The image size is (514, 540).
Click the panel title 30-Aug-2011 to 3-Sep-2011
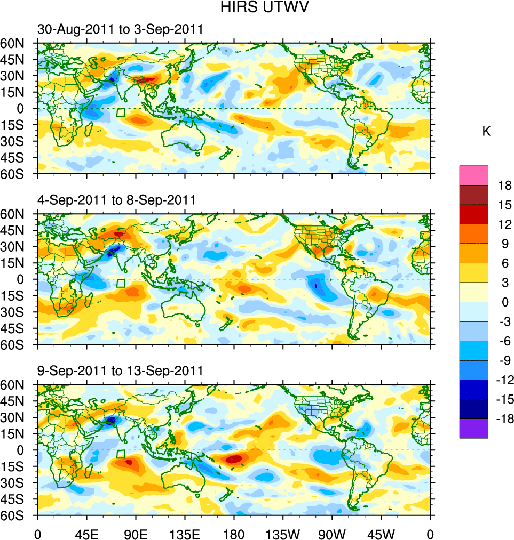pos(120,29)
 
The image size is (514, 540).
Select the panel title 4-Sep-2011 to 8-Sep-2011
pos(116,200)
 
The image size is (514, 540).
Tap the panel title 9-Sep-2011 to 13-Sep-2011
pos(120,370)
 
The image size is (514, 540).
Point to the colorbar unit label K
pos(486,132)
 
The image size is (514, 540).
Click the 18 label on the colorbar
pos(505,186)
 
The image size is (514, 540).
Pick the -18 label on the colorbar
pos(503,419)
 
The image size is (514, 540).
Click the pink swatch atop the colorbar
pos(473,175)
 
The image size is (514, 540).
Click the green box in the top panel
pos(121,112)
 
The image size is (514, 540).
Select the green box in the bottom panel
pos(121,454)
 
